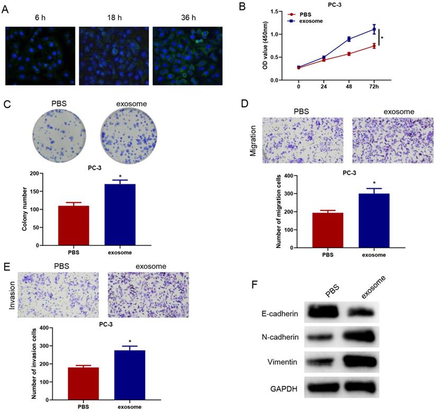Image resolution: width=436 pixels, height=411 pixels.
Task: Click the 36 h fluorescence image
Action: pos(187,56)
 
